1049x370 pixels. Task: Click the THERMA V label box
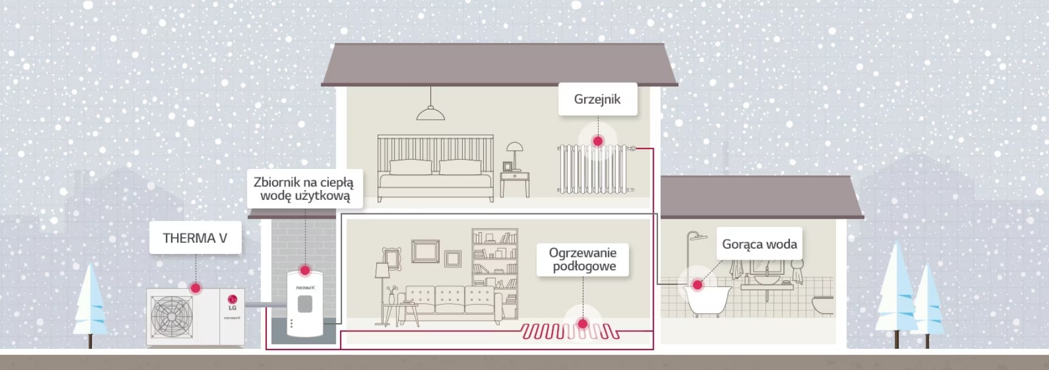195,237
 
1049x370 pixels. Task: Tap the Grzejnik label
598,99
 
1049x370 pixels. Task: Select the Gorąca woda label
759,244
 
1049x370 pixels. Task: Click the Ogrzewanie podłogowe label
583,260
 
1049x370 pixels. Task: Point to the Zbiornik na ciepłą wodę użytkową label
304,189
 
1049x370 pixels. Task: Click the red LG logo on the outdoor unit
232,299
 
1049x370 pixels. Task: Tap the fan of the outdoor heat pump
172,316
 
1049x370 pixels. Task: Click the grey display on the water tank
305,304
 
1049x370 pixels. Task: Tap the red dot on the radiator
598,141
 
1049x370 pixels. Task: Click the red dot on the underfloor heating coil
582,324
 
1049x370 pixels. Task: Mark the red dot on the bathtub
697,285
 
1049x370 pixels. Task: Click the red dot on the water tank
304,270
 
